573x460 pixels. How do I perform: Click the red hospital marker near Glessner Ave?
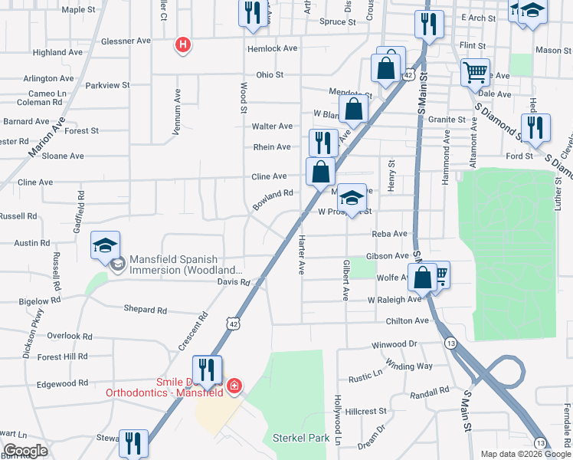coord(182,46)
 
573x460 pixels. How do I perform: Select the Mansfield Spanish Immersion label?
coord(185,264)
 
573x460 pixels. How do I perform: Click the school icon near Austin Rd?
coord(106,245)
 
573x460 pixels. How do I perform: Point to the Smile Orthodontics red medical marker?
coord(234,386)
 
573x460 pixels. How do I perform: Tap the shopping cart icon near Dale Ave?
coord(475,73)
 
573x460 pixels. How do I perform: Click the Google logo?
coord(26,451)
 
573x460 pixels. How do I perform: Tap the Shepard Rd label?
coord(145,310)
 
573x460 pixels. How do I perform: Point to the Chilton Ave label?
coord(405,321)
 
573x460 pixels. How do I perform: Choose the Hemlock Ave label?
coord(272,48)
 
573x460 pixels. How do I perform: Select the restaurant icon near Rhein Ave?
coord(323,143)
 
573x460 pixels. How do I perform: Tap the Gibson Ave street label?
coord(388,255)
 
